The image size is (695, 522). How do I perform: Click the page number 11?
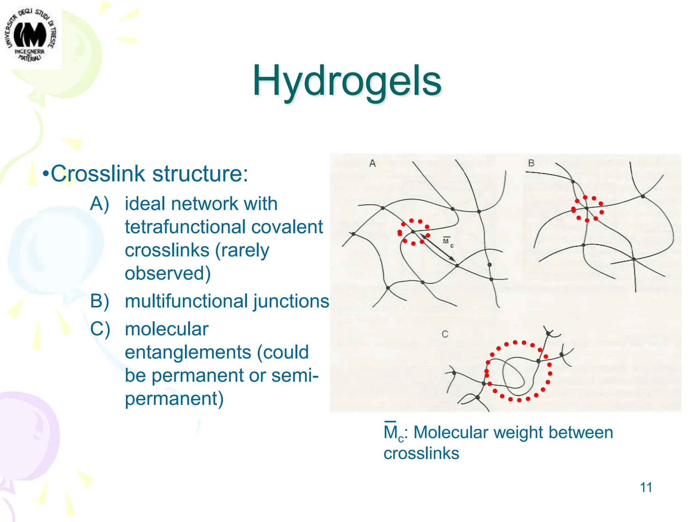(646, 487)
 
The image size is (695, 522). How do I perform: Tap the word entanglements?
(187, 352)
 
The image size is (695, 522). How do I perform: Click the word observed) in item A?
(168, 273)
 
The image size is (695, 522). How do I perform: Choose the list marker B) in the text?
(99, 301)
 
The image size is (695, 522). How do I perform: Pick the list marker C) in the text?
(100, 329)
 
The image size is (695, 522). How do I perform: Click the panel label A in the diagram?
(372, 163)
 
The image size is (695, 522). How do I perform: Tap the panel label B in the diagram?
(531, 163)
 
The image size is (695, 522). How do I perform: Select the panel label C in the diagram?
(445, 334)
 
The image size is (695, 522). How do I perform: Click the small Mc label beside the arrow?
(448, 242)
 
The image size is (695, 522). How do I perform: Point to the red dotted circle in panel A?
(413, 232)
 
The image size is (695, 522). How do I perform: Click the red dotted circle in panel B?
(587, 209)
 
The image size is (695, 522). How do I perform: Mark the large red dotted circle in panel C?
(518, 371)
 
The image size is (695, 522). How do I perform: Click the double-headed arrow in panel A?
(438, 247)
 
